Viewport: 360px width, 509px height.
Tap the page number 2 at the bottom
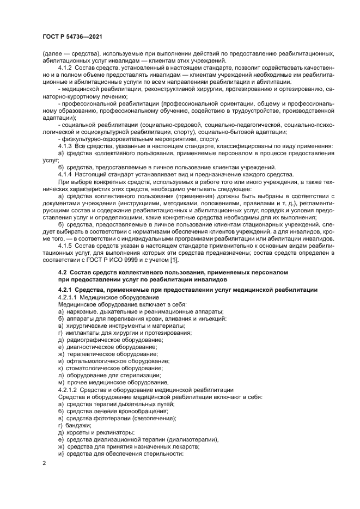coord(44,463)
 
